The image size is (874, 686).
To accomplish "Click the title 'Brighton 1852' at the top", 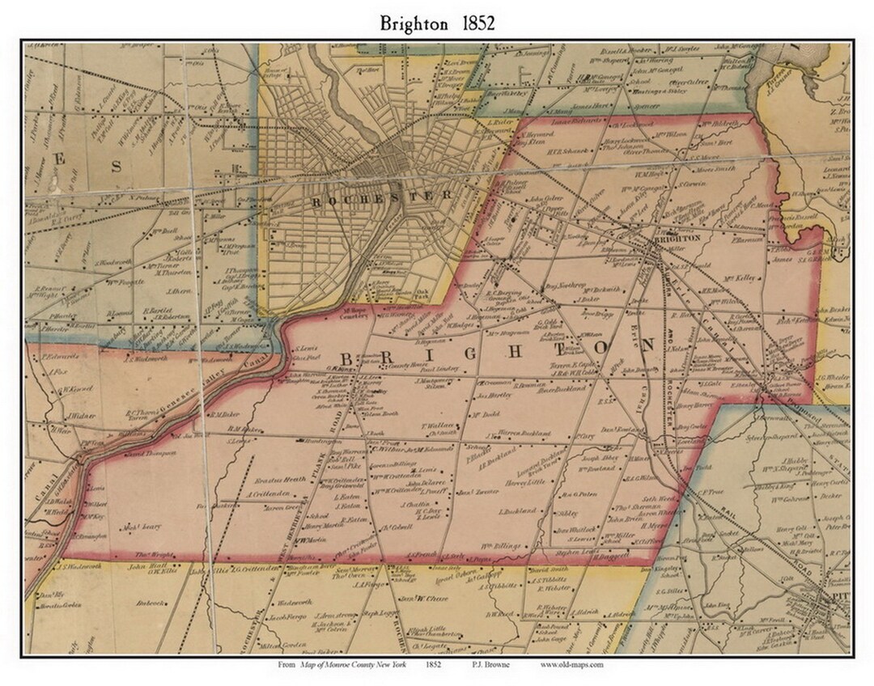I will click(x=437, y=23).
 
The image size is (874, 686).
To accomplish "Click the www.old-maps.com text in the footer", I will click(x=572, y=665).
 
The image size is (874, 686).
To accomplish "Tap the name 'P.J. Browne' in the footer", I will click(x=482, y=665).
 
